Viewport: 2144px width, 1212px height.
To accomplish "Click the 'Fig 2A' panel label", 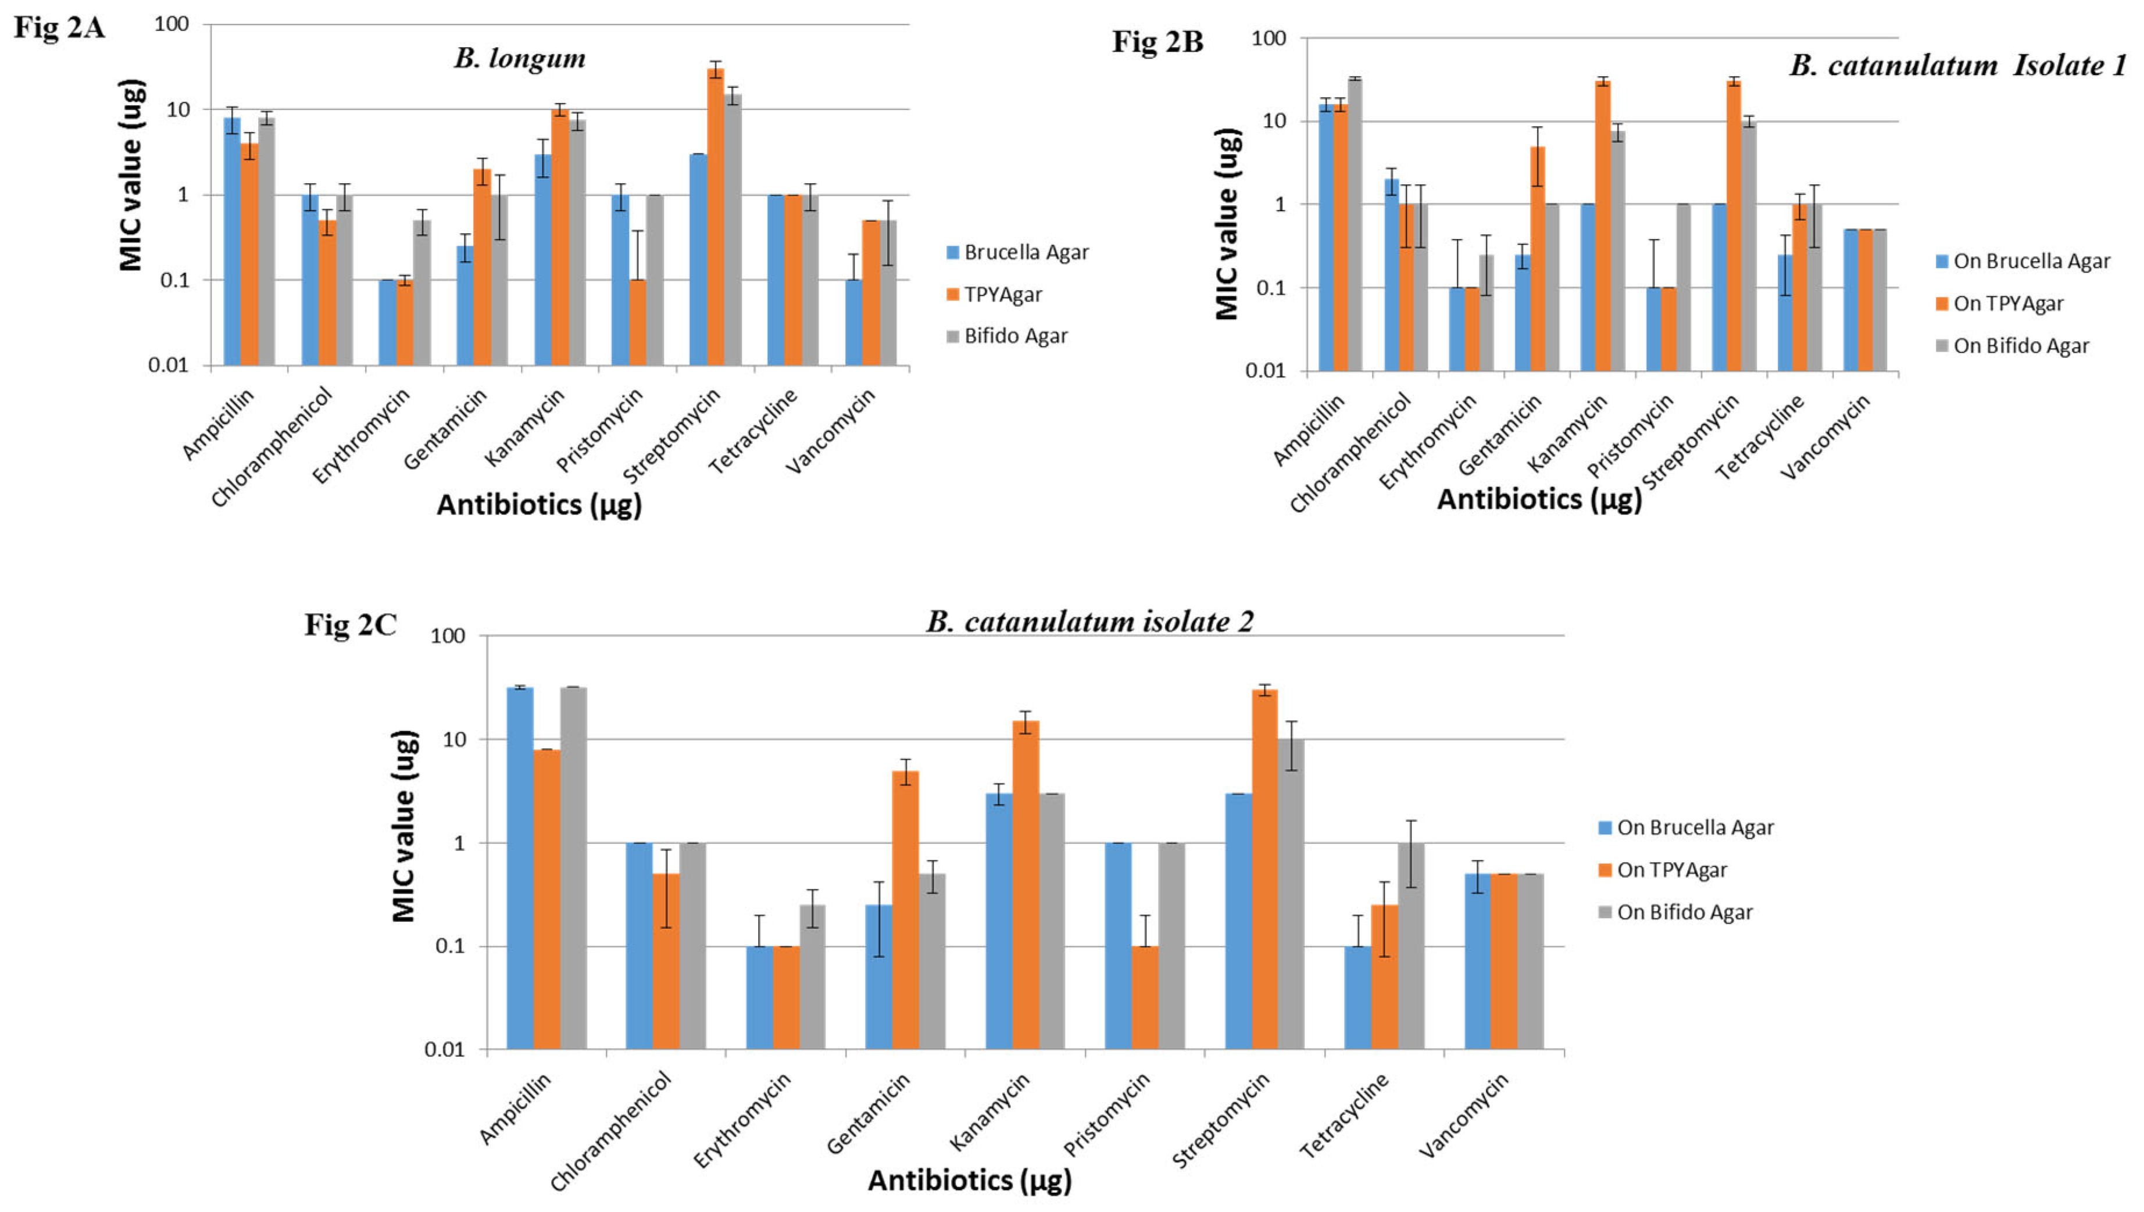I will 59,27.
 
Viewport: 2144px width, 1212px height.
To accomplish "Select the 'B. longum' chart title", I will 519,58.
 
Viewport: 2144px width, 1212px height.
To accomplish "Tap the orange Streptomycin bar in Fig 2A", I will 715,216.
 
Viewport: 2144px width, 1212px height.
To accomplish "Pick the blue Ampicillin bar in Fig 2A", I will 232,241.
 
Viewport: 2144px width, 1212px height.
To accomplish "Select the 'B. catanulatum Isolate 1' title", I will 1957,65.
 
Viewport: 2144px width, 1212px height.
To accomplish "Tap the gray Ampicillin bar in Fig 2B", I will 1354,225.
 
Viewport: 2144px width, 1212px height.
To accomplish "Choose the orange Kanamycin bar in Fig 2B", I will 1602,225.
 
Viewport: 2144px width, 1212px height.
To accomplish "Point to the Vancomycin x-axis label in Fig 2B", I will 1825,437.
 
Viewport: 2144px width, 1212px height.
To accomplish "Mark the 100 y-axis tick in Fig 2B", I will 1268,38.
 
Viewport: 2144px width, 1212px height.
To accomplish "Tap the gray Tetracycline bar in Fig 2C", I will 1411,946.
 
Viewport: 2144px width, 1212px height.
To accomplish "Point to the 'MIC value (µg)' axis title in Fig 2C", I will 403,826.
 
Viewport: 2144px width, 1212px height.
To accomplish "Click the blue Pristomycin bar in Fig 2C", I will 1118,946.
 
